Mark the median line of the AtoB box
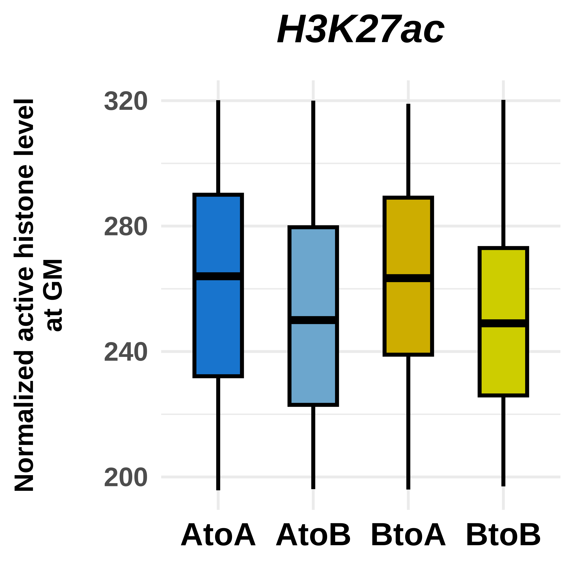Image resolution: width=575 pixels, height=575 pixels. pyautogui.click(x=313, y=320)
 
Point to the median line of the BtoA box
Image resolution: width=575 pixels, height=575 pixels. pyautogui.click(x=408, y=278)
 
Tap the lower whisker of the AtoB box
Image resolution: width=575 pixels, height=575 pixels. pyautogui.click(x=313, y=446)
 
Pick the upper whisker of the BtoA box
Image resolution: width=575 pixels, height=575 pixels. pyautogui.click(x=408, y=150)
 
